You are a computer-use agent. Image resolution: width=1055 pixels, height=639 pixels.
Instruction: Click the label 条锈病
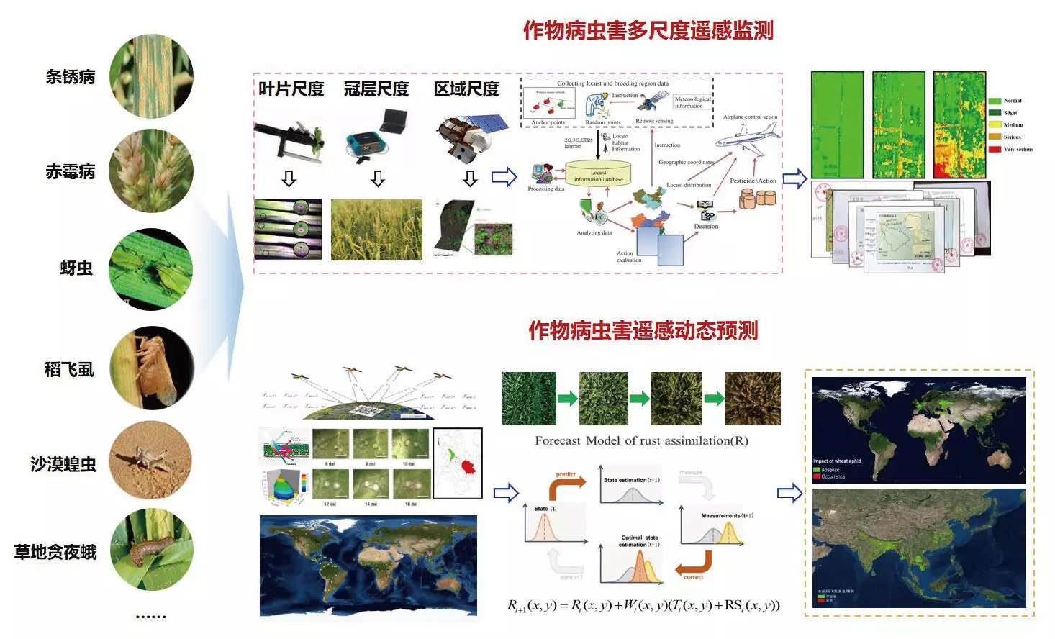(x=71, y=77)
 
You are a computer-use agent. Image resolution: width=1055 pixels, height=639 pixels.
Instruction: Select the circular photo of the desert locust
(x=151, y=461)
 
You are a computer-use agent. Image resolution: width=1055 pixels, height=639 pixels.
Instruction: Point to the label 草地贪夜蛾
(x=55, y=552)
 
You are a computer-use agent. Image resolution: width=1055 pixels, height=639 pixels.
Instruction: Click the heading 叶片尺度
(x=291, y=89)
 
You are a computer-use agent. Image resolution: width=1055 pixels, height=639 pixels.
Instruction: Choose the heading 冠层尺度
(x=376, y=89)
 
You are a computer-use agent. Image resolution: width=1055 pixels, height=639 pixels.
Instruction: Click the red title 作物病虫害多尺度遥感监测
(x=648, y=31)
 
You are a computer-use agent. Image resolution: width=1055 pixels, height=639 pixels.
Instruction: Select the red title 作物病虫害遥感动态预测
(x=643, y=331)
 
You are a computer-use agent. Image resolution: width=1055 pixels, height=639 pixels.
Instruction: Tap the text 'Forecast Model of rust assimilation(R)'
(x=641, y=440)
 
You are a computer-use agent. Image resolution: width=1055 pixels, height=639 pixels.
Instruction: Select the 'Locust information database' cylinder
(x=599, y=173)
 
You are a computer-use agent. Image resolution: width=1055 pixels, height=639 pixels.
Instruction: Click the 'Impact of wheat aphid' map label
(x=837, y=461)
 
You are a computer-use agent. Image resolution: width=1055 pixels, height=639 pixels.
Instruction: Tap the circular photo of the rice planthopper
(x=151, y=368)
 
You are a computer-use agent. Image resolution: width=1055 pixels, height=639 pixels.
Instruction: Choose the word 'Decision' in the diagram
(x=706, y=226)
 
